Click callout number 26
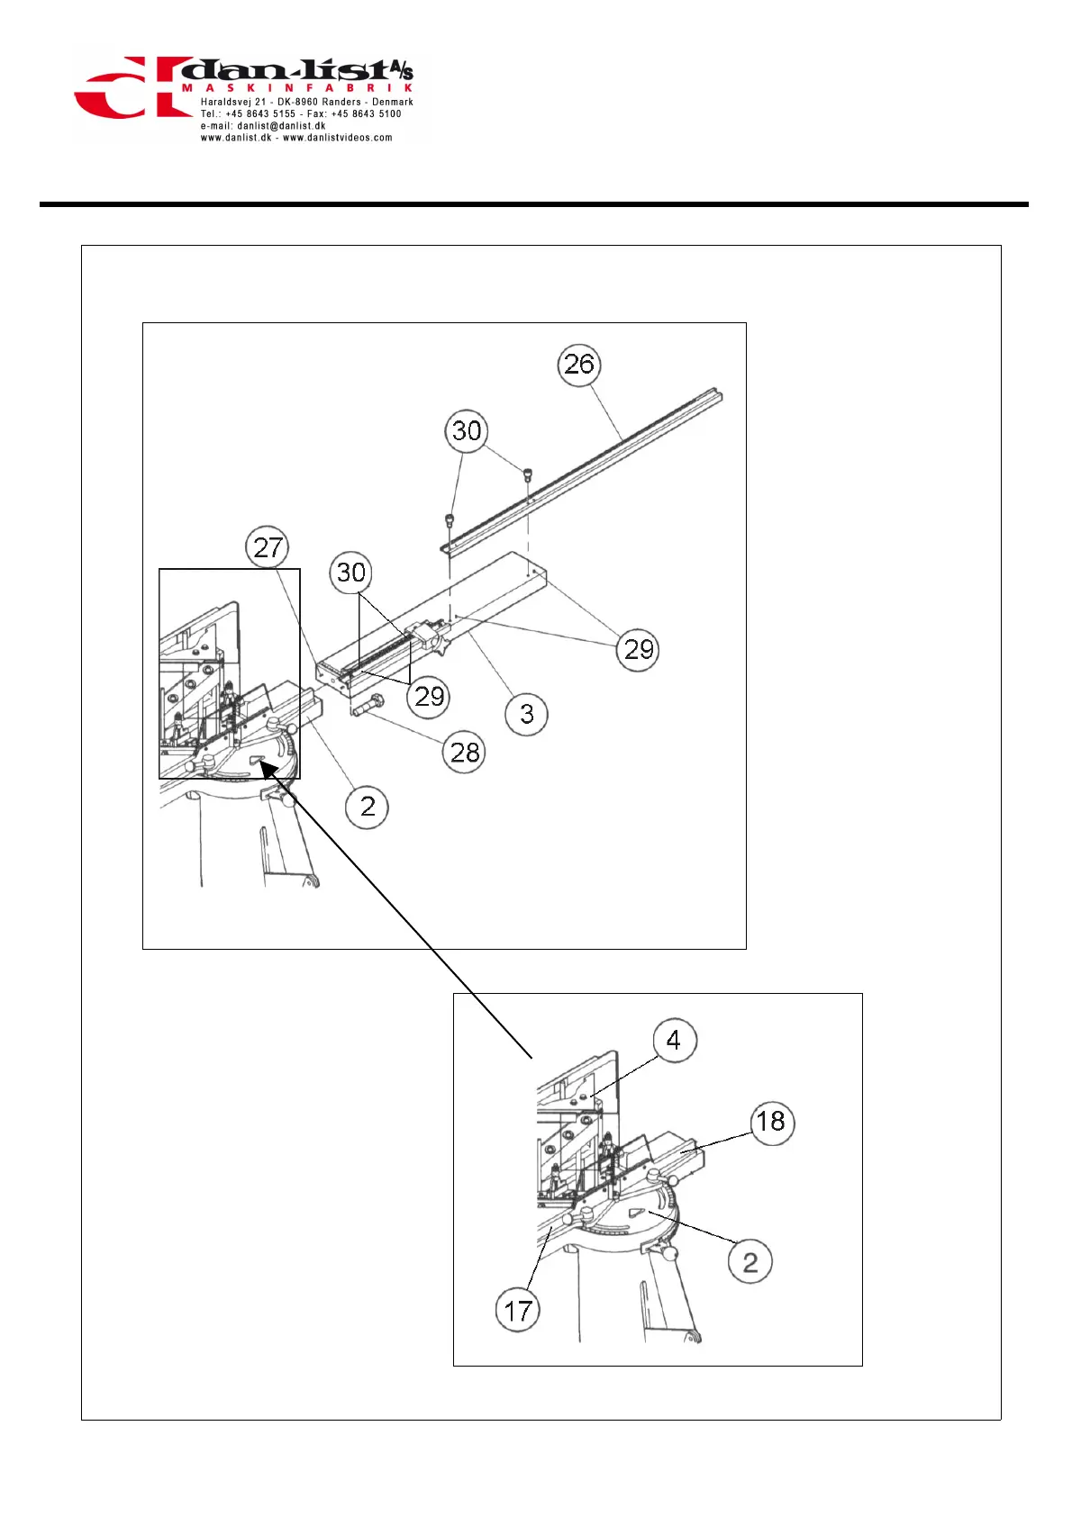click(x=578, y=365)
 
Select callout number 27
click(x=268, y=547)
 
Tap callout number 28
click(x=464, y=752)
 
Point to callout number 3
click(x=527, y=715)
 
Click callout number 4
click(x=673, y=1041)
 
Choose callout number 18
click(x=771, y=1122)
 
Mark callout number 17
click(x=518, y=1311)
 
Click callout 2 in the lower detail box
click(x=749, y=1262)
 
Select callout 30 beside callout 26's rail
click(x=466, y=430)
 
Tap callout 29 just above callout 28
click(x=429, y=696)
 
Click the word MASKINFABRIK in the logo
click(x=297, y=88)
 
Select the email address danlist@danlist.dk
click(x=281, y=126)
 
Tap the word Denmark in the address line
click(x=393, y=102)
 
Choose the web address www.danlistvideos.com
click(x=338, y=138)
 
